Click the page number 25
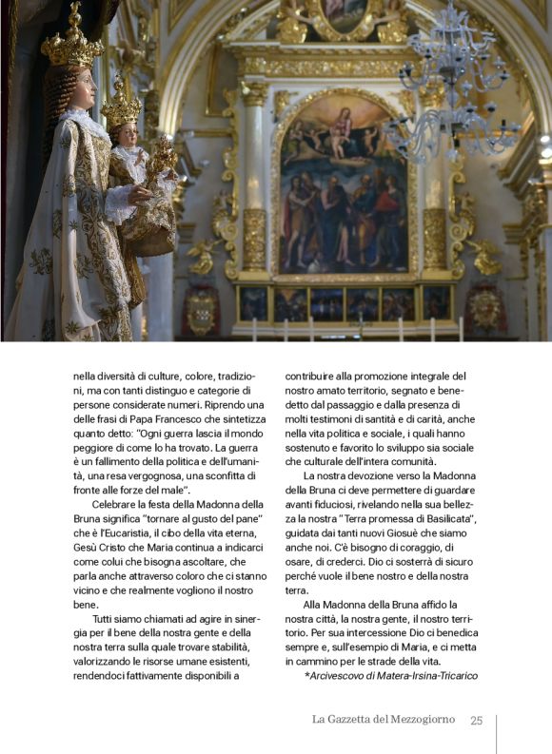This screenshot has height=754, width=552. tap(477, 720)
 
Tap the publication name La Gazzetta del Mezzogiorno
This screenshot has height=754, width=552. tap(384, 720)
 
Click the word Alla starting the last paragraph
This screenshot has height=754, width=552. tap(315, 604)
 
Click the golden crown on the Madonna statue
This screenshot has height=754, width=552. tap(73, 43)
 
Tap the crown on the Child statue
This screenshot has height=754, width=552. tap(121, 106)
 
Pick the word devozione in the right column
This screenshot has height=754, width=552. tap(365, 474)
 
